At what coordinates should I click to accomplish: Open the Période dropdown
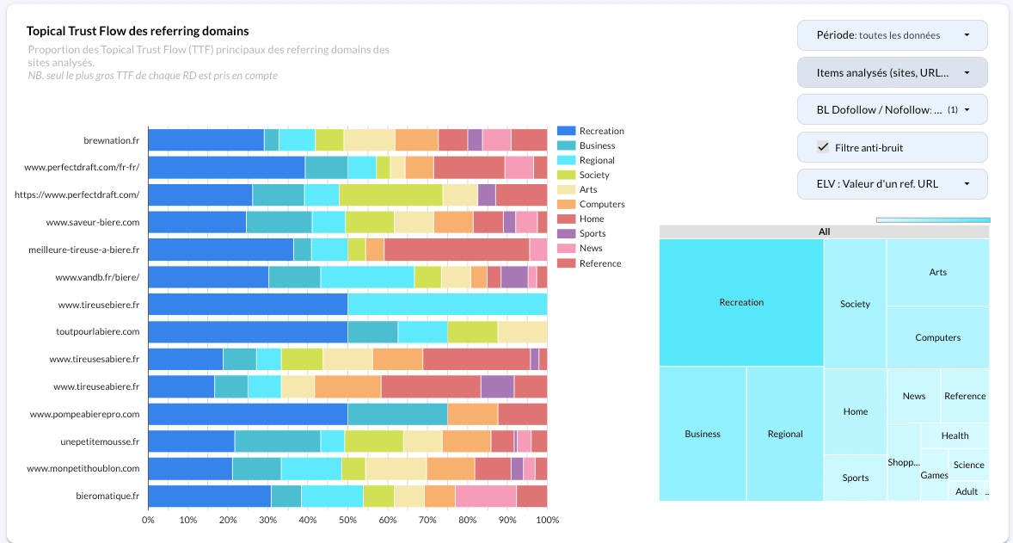[892, 35]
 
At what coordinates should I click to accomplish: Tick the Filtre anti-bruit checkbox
[823, 148]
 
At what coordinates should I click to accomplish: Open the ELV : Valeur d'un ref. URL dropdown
[892, 184]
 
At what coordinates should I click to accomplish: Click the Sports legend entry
[591, 233]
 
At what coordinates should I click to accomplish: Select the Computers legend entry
[601, 204]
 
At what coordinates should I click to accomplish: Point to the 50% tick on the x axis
[347, 520]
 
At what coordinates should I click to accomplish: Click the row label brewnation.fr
[111, 140]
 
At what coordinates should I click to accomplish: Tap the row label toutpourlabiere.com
[97, 331]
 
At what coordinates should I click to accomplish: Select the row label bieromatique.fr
[107, 496]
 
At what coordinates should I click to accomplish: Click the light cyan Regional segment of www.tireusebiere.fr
[447, 305]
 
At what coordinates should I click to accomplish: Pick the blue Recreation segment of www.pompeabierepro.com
[248, 414]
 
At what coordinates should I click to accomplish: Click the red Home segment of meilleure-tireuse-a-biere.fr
[456, 250]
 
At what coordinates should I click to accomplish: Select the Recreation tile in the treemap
[741, 302]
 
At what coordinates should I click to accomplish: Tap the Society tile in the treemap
[855, 304]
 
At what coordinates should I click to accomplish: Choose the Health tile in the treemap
[955, 435]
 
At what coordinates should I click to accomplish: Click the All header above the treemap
[824, 231]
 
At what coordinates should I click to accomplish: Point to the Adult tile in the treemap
[967, 491]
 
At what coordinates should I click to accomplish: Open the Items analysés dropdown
[892, 73]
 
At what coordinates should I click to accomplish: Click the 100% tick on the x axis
[547, 520]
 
